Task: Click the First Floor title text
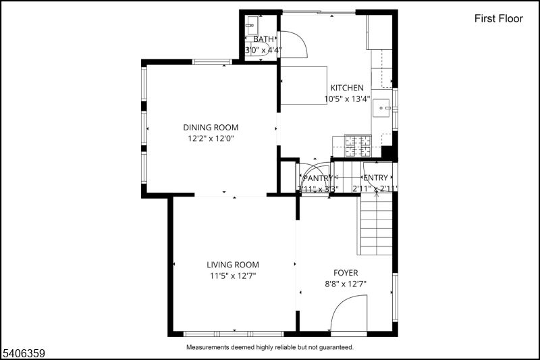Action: point(498,19)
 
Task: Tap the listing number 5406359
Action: point(24,352)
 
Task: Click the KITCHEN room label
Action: point(347,88)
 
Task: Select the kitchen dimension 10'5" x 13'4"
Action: point(347,99)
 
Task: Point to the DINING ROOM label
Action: point(211,127)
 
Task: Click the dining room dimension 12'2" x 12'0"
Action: point(211,138)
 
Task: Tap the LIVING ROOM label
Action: point(233,265)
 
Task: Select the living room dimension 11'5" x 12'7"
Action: point(233,276)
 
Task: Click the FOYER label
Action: point(346,273)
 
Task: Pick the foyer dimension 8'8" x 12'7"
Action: point(346,284)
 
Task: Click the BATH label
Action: point(263,39)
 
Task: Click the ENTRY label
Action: point(376,178)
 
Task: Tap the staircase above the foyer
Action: point(375,230)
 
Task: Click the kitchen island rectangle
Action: point(304,85)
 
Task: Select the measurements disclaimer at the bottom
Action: point(269,347)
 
